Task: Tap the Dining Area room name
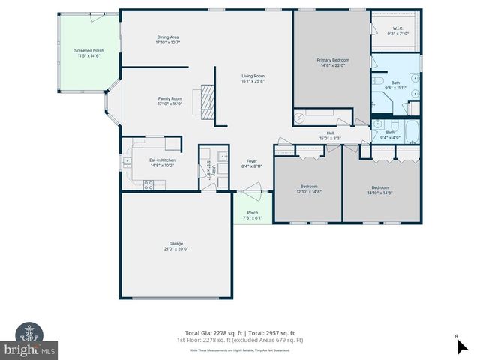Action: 167,40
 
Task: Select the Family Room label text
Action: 169,101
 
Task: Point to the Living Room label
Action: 253,77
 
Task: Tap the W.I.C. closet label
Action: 397,31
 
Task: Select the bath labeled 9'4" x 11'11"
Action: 394,85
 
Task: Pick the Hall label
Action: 330,135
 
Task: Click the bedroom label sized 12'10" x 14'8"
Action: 309,189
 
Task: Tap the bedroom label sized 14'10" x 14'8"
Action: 379,190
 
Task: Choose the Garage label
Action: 175,245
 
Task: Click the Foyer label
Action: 252,163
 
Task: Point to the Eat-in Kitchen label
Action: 162,162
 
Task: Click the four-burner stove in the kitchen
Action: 148,184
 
